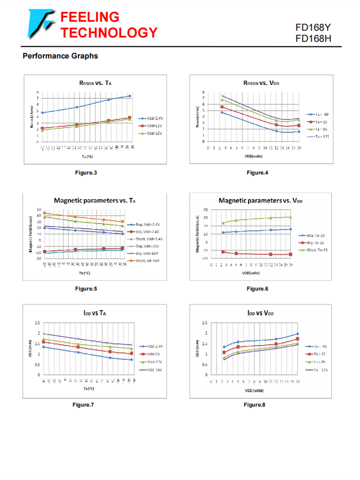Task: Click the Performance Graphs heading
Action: point(60,56)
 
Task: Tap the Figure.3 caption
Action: point(86,172)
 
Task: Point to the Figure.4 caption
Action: point(257,172)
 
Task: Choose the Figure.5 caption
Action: point(86,288)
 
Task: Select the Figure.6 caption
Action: point(257,288)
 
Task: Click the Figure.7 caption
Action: point(83,405)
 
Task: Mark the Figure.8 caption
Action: point(254,405)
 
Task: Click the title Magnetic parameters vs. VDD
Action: point(261,200)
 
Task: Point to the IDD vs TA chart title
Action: point(96,313)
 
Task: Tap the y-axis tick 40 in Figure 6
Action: point(205,210)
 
